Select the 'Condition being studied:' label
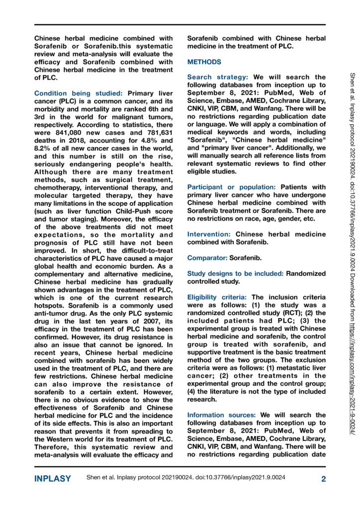coord(68,93)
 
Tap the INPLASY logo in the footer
coord(52,479)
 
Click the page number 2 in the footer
coord(323,479)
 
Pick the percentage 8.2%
coord(43,148)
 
